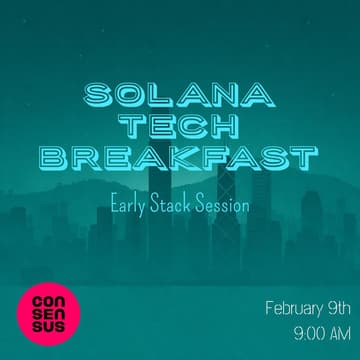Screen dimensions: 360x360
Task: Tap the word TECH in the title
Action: click(x=180, y=127)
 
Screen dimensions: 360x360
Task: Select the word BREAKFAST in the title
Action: click(x=181, y=157)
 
